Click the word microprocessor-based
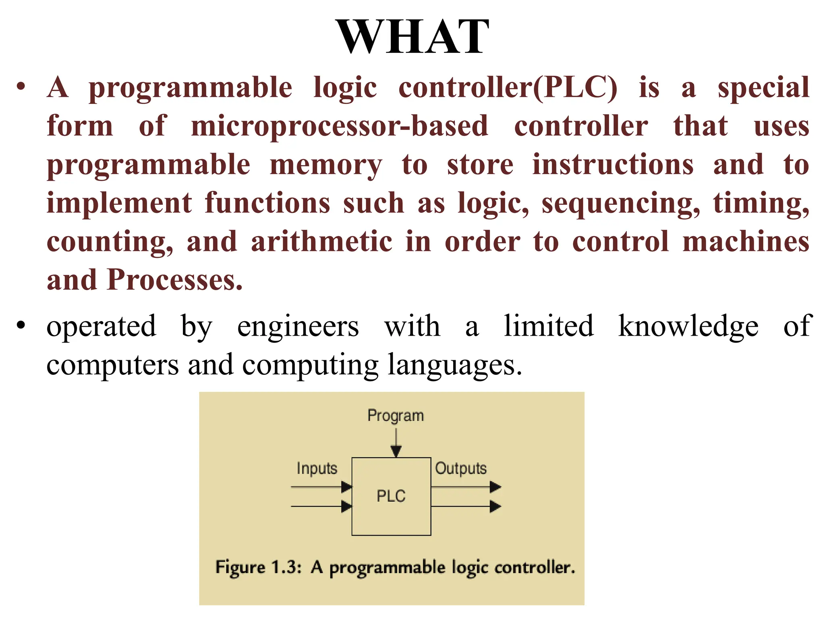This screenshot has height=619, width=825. (x=340, y=126)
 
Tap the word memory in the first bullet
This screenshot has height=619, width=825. (x=325, y=165)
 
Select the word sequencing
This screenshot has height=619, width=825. (x=621, y=204)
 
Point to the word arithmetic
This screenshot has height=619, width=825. (x=321, y=242)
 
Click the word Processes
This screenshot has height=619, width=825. (x=174, y=280)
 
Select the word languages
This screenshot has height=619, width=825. (x=454, y=364)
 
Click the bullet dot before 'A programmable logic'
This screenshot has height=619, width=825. (x=21, y=86)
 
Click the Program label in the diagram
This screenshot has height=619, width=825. (x=396, y=415)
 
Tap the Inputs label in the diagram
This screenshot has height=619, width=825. (x=317, y=468)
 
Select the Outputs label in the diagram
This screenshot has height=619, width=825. (x=461, y=468)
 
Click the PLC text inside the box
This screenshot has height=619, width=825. (x=391, y=496)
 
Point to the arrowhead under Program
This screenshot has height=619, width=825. (x=396, y=451)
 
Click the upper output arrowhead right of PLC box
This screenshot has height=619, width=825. (x=495, y=487)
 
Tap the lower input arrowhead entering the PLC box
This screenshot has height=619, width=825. (x=346, y=507)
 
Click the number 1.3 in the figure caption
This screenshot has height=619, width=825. (x=286, y=567)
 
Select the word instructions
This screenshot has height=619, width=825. (x=613, y=165)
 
